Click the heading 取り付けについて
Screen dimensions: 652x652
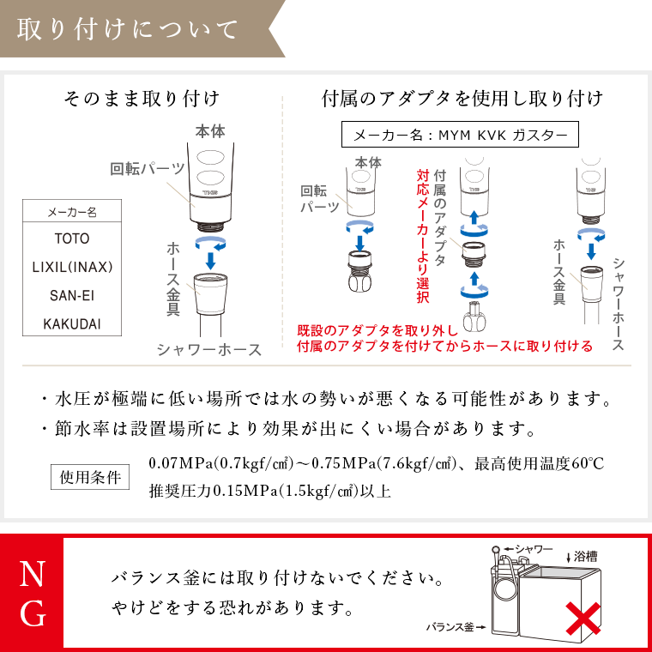pos(127,31)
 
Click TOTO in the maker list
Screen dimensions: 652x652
pos(71,238)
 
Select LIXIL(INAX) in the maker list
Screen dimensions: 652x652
pos(72,267)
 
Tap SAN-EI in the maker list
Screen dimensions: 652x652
pos(71,295)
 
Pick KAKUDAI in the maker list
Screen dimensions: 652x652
pos(71,323)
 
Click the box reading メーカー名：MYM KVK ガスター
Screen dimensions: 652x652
pos(460,135)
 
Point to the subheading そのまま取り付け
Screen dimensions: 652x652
pos(142,98)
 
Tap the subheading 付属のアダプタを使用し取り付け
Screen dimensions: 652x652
pos(462,98)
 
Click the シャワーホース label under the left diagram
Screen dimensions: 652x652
pos(208,349)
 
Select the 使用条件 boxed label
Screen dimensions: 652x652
pos(90,476)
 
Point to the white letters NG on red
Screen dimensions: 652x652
pos(32,593)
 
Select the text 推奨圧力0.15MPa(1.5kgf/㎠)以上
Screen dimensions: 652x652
pos(270,492)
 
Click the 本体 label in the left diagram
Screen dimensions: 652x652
pos(210,132)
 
